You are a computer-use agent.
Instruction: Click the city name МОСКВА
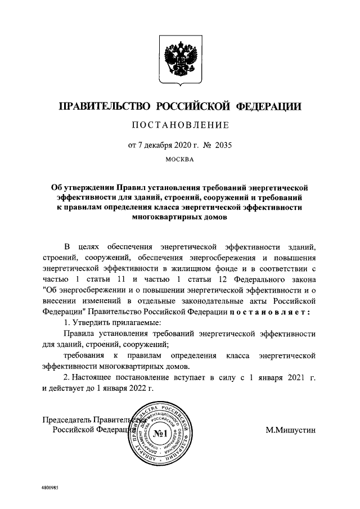(180, 160)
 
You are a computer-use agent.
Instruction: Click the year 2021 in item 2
(291, 377)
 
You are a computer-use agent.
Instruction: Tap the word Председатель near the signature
(67, 420)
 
